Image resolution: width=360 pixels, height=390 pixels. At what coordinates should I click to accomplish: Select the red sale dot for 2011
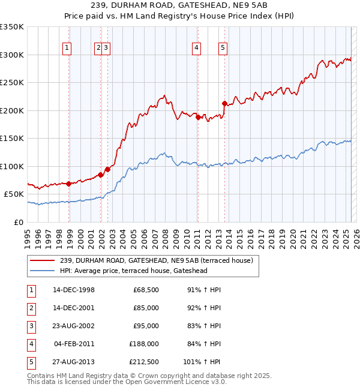coord(198,117)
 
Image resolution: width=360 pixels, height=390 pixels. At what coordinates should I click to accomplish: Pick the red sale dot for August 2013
coord(224,103)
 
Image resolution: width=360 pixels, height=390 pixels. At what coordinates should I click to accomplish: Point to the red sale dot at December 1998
coord(69,184)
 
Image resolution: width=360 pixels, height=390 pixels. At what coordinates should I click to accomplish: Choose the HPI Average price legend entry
coord(142,271)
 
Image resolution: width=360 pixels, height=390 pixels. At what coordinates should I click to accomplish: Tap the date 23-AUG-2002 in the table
coord(74,326)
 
